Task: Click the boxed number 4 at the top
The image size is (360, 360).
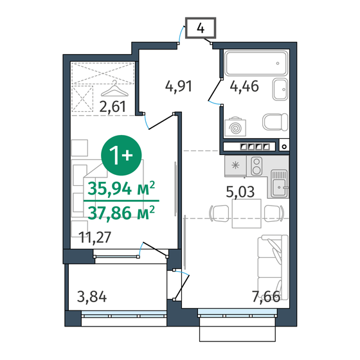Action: pyautogui.click(x=201, y=28)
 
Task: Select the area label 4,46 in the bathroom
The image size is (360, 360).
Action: pyautogui.click(x=246, y=86)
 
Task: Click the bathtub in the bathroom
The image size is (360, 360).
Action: pyautogui.click(x=253, y=65)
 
